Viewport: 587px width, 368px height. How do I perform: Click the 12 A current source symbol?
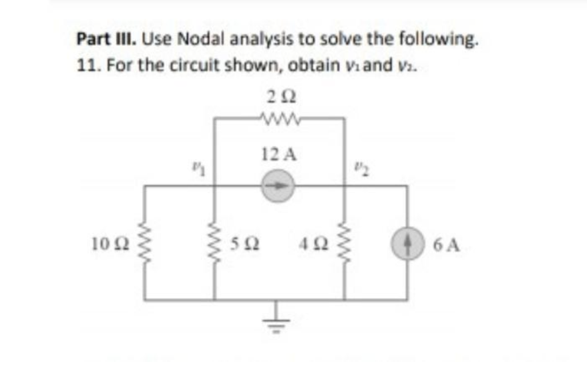[x=277, y=188]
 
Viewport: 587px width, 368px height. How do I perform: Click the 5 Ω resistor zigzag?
[x=214, y=244]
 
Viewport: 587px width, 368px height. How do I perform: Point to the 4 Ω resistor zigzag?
[x=345, y=244]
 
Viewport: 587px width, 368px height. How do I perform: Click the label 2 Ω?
[x=278, y=98]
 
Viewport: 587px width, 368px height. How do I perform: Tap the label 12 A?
[x=278, y=156]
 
